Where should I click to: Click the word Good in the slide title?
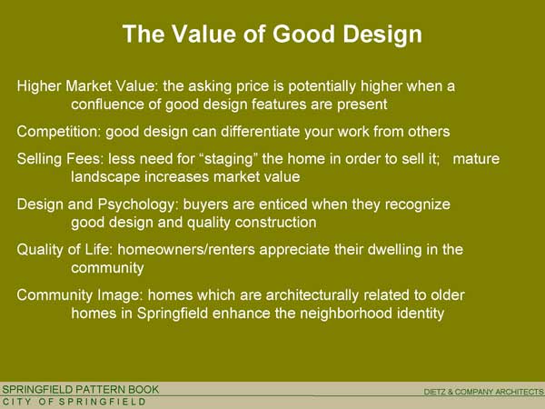click(x=303, y=34)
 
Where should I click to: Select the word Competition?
click(x=59, y=132)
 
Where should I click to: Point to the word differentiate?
click(x=261, y=132)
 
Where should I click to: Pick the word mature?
click(x=476, y=159)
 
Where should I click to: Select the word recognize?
click(x=418, y=204)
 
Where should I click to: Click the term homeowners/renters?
click(x=186, y=250)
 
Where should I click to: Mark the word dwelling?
click(x=394, y=250)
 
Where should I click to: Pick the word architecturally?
click(x=312, y=295)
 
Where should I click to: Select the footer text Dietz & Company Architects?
click(x=483, y=392)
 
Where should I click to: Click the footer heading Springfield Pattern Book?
click(x=80, y=389)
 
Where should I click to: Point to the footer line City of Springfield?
click(x=74, y=402)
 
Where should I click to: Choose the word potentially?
click(x=322, y=86)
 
